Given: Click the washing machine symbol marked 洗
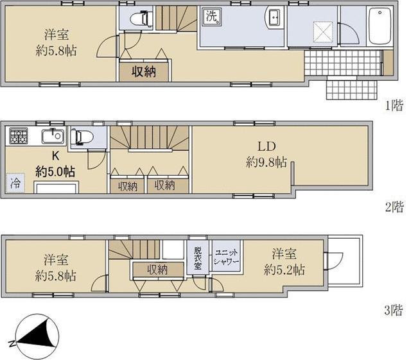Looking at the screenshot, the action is click(x=212, y=17).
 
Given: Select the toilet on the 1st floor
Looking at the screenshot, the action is click(x=141, y=19).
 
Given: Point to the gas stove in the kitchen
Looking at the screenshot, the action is click(x=19, y=136).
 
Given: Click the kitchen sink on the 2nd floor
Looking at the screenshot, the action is click(x=53, y=136).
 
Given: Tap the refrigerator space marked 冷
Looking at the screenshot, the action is click(x=15, y=183).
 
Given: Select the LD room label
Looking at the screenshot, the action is click(x=267, y=146).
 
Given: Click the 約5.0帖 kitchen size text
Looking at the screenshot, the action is click(x=55, y=171).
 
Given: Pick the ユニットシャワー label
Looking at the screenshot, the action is click(x=226, y=257).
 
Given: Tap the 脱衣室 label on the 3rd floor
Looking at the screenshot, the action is click(x=198, y=258).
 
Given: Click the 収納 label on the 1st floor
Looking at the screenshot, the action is click(x=144, y=71).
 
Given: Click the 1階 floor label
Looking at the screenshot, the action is click(x=394, y=105).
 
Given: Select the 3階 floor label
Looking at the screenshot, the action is click(x=394, y=311).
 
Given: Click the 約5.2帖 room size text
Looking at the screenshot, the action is click(x=284, y=270).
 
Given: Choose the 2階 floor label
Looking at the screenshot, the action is click(x=394, y=207).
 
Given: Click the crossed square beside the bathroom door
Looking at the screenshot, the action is click(x=324, y=31).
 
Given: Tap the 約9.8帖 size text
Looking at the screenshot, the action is click(x=267, y=163).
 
